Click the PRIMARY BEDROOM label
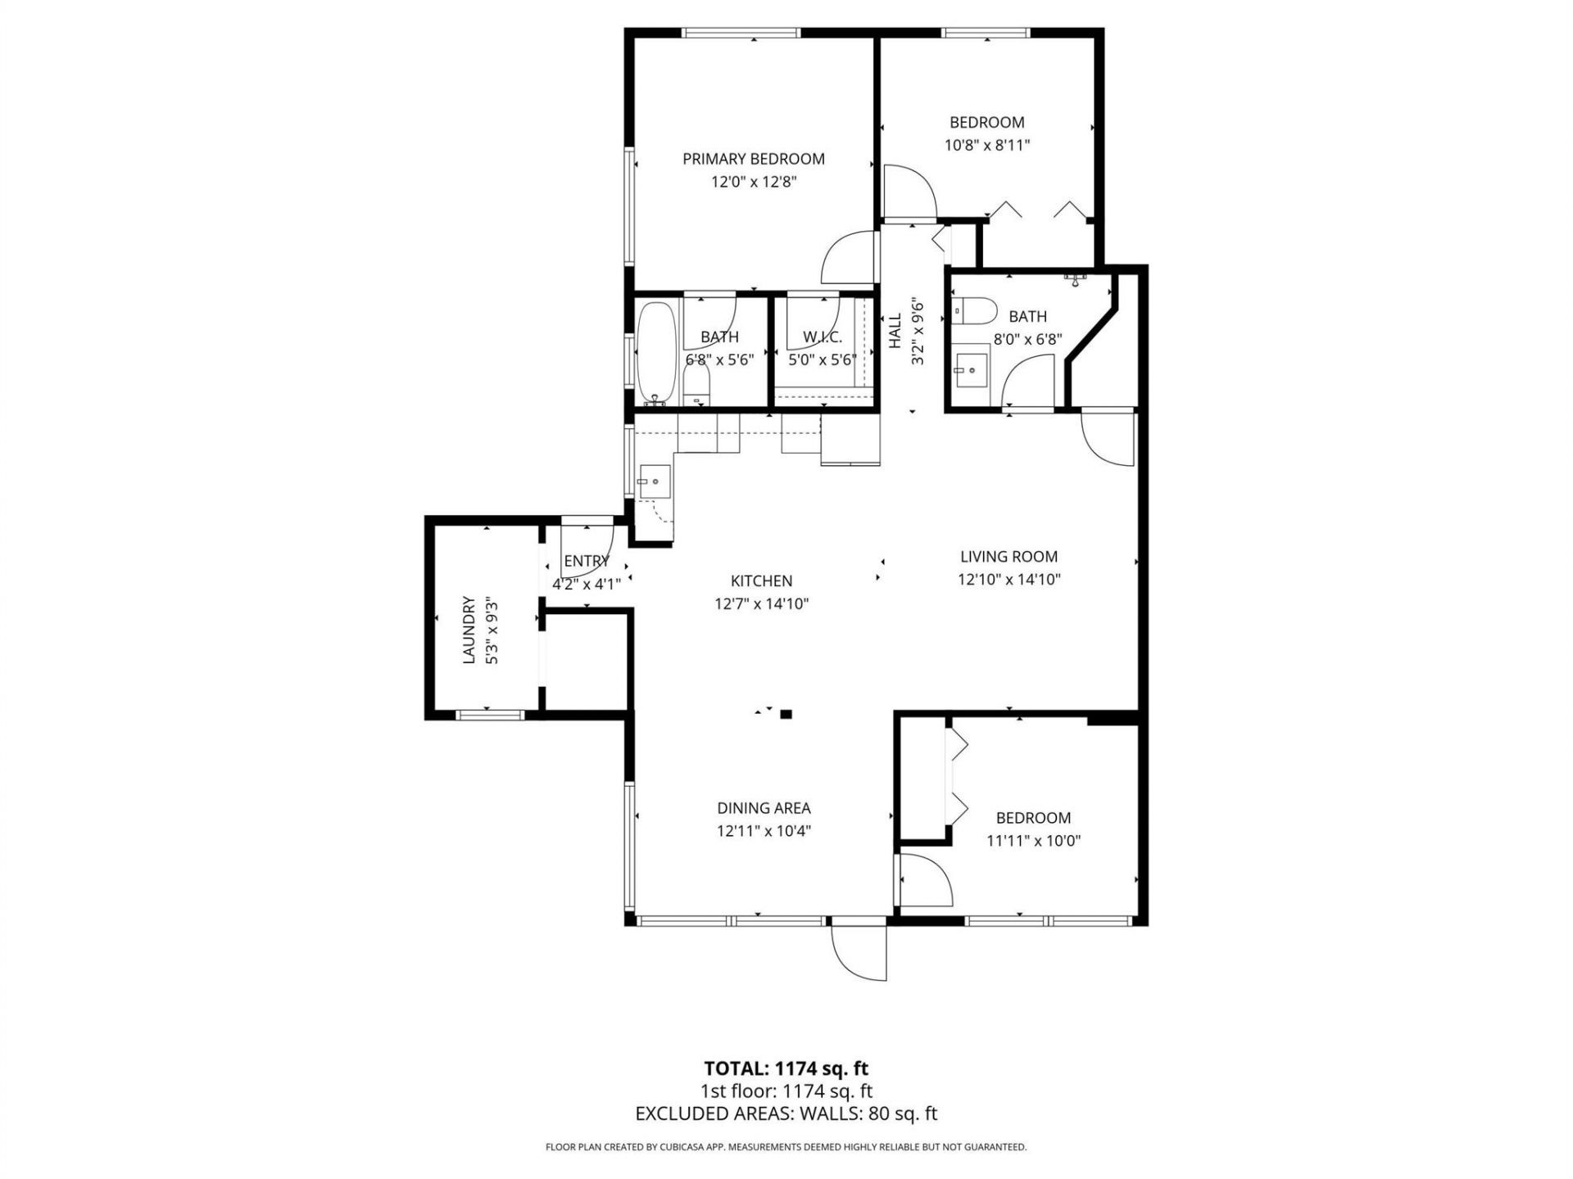753,159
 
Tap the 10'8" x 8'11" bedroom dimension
986,146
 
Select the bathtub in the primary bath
658,354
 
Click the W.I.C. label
822,337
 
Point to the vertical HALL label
895,331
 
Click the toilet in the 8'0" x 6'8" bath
975,311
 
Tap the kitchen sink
655,481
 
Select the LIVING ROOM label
1009,557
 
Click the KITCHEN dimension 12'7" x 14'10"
761,604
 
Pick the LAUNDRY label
469,630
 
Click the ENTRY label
586,561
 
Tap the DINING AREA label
764,808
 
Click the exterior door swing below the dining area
859,951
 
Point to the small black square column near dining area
786,714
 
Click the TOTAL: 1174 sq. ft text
786,1068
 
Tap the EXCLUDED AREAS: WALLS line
786,1113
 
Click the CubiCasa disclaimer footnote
786,1148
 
